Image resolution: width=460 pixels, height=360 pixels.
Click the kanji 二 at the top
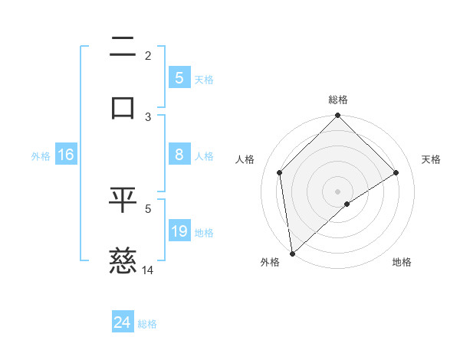point(123,48)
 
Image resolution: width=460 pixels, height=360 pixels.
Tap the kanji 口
point(123,106)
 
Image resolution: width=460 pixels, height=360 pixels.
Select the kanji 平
point(123,201)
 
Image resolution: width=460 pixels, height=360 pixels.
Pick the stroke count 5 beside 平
point(149,208)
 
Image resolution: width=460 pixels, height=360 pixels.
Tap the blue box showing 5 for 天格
point(179,77)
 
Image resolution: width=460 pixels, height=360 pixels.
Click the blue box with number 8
point(179,155)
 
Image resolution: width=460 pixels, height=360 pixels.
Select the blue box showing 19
point(179,231)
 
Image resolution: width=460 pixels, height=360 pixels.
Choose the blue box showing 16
point(66,155)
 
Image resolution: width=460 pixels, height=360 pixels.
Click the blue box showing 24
point(123,323)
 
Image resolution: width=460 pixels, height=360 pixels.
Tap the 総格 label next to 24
point(147,324)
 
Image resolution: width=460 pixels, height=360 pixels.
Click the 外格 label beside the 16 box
point(41,156)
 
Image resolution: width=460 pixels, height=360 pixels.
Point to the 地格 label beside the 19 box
point(204,232)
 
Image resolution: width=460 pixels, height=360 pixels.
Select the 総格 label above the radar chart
point(337,100)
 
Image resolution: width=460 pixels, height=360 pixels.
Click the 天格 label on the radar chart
point(431,159)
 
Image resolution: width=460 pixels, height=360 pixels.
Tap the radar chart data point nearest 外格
point(292,254)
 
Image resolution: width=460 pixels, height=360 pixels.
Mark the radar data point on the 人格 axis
point(280,172)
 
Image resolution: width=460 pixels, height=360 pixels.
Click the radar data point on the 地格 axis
point(347,204)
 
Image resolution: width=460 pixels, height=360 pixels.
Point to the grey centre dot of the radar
point(337,191)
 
